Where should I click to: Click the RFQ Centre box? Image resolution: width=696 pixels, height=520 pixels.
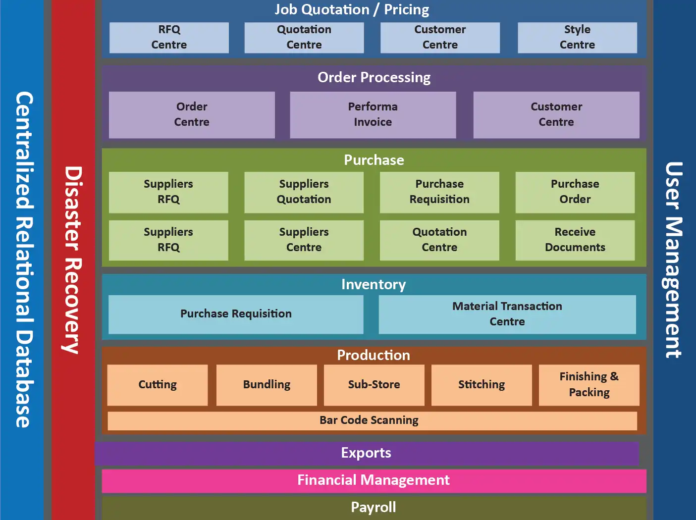coord(169,38)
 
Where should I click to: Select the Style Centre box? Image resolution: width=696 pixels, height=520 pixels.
coord(577,38)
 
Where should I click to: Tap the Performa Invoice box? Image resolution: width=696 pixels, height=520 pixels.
coord(373,114)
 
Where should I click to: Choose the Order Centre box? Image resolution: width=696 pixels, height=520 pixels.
coord(192,114)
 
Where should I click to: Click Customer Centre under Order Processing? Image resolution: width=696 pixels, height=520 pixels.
coord(556,114)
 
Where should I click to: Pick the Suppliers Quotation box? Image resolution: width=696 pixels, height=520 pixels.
coord(304,192)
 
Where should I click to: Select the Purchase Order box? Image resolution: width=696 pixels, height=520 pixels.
coord(575,192)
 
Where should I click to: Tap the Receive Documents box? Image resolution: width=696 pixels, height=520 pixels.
coord(575,240)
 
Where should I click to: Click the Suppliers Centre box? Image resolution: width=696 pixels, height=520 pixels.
coord(304,240)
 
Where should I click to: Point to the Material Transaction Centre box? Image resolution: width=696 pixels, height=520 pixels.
coord(507,314)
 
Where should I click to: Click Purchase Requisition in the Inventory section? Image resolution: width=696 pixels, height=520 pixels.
coord(236,314)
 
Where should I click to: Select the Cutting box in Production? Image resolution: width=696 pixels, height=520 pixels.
coord(158,385)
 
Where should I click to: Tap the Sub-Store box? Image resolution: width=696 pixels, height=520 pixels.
coord(374,385)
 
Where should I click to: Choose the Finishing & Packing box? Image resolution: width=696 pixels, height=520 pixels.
coord(589,385)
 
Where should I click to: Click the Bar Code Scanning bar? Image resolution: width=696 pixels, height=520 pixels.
coord(369,420)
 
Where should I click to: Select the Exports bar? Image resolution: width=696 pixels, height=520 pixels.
coord(366,453)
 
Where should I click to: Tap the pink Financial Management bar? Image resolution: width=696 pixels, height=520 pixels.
coord(374,480)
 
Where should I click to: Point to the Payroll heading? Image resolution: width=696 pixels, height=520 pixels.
coord(374,508)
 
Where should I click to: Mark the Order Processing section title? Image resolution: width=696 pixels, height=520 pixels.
coord(374,78)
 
